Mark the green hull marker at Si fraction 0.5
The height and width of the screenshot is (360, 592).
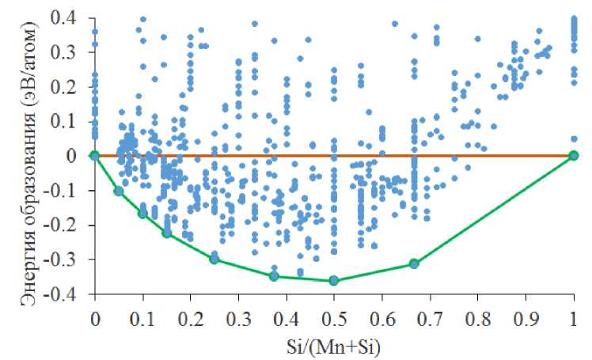334,280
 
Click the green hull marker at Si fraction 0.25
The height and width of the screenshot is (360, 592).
214,259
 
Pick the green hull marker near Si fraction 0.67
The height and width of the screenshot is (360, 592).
414,263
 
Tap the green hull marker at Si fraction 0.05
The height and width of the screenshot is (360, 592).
119,191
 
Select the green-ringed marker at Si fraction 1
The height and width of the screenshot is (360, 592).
574,156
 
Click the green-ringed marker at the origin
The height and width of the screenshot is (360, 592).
95,156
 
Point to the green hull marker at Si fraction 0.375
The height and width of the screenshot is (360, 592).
274,276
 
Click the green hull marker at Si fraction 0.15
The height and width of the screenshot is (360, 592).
167,233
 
